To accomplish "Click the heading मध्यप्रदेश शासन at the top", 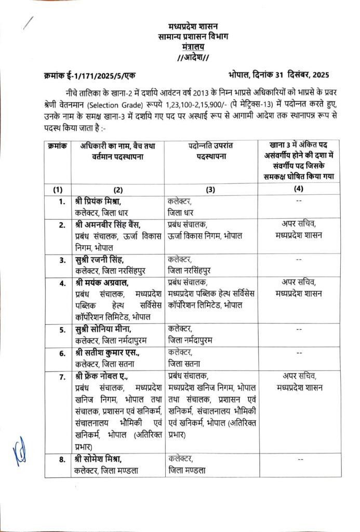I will pos(193,26).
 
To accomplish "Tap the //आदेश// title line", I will pos(193,56).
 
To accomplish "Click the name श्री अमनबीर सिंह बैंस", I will pos(111,224).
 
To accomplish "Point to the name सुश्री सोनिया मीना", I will pos(103,329).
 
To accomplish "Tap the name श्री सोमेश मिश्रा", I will pos(101,459).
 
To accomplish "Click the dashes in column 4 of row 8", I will pos(301,459).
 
